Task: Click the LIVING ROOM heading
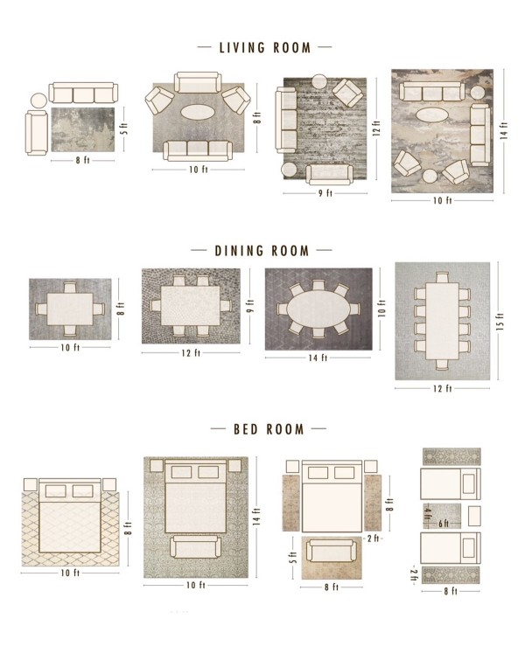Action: tap(263, 47)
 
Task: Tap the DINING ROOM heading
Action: tap(262, 251)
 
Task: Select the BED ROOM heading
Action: tap(269, 429)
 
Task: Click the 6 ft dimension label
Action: tap(444, 524)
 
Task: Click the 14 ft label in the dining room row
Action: tap(318, 357)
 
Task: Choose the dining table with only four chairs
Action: tap(69, 309)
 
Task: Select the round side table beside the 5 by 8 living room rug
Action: tap(38, 101)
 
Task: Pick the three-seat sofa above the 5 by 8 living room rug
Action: tap(83, 94)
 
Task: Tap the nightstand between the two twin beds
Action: tap(475, 512)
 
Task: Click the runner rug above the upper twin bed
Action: tap(451, 457)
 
